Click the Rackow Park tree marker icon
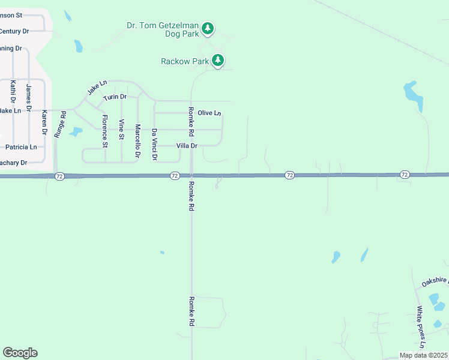click(218, 60)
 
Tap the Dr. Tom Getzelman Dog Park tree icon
click(208, 28)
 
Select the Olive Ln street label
click(209, 113)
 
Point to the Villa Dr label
click(187, 146)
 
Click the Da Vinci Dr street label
click(154, 144)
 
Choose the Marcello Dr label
click(137, 140)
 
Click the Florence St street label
click(104, 131)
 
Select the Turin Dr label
click(115, 97)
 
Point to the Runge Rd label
click(59, 125)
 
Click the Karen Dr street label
click(44, 122)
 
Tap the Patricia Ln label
click(21, 147)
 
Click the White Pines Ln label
click(421, 328)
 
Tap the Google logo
click(20, 353)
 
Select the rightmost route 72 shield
click(405, 175)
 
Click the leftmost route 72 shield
click(59, 176)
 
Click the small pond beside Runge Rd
click(76, 132)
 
